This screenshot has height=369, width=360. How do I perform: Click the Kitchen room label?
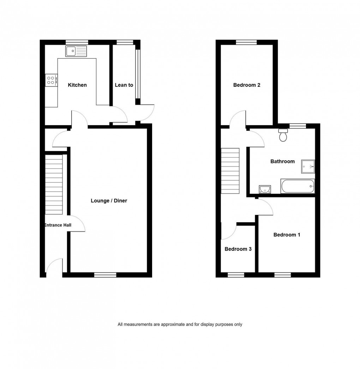click(x=77, y=85)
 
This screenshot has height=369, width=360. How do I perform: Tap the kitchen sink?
click(x=76, y=51)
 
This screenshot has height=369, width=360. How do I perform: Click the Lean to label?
click(x=124, y=85)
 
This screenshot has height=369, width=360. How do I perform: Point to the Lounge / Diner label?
click(x=109, y=201)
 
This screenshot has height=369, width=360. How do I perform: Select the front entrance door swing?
click(x=54, y=266)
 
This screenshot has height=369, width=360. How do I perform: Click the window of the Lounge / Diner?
click(x=105, y=274)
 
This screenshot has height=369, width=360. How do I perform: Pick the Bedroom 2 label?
click(x=247, y=85)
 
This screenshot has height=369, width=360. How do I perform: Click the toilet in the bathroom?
click(x=283, y=135)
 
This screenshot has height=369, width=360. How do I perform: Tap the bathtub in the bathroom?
click(x=297, y=186)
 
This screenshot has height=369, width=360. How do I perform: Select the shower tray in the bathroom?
click(x=308, y=167)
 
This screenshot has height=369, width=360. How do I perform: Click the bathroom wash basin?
click(x=264, y=189)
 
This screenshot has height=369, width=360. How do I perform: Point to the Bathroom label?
click(x=282, y=162)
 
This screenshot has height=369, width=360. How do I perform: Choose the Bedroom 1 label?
click(x=287, y=235)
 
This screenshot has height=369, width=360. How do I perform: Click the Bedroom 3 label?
click(x=238, y=249)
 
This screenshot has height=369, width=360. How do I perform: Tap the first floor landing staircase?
click(x=230, y=170)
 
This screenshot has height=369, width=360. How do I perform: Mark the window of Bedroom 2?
click(x=246, y=42)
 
